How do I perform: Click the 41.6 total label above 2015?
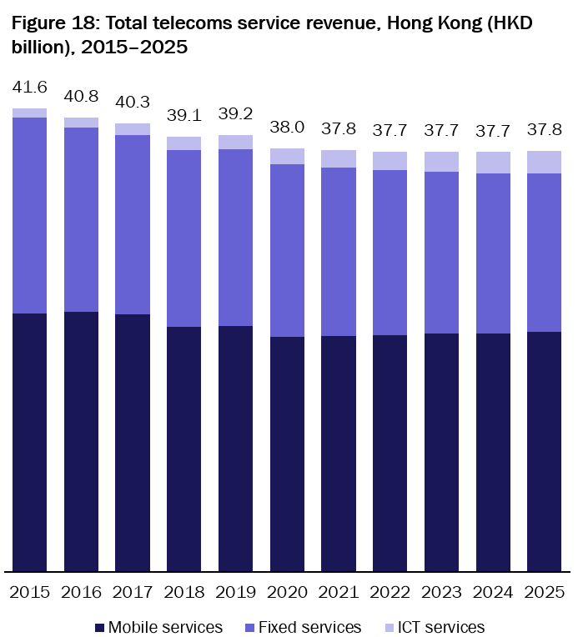(29, 87)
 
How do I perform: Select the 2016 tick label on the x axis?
(81, 592)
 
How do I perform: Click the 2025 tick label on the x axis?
(544, 592)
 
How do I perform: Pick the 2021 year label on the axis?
(338, 592)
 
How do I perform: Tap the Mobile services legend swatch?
(99, 627)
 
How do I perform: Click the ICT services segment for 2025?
(544, 162)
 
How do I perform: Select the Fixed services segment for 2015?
(29, 215)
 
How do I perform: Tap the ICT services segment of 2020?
(287, 156)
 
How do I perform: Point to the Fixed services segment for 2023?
(441, 253)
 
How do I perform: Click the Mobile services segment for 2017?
(133, 443)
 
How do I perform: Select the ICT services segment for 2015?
(29, 113)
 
